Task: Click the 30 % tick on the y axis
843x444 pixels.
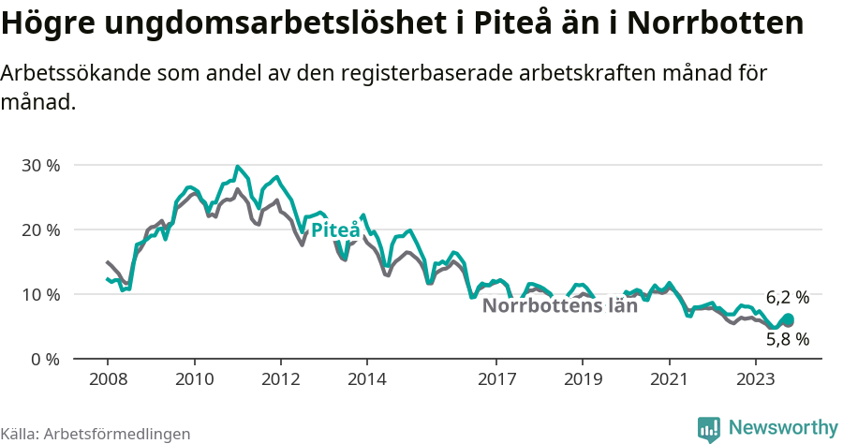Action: [40, 166]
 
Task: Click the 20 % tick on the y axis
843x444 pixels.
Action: [40, 230]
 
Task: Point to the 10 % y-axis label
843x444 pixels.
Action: [40, 295]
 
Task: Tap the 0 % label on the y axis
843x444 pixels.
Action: [45, 360]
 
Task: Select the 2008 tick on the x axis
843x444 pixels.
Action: [108, 379]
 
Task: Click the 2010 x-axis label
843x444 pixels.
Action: [194, 379]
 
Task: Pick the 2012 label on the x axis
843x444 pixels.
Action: [280, 379]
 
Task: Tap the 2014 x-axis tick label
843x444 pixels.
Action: [366, 379]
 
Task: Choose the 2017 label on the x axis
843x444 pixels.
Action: [496, 379]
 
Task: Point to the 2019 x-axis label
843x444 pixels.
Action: [583, 379]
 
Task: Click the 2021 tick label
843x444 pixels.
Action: [669, 379]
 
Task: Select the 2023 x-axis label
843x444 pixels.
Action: [755, 379]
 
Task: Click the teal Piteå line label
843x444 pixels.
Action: [335, 230]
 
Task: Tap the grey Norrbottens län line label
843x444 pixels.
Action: [559, 305]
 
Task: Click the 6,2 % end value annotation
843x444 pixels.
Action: [787, 297]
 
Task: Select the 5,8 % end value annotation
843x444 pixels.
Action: [787, 339]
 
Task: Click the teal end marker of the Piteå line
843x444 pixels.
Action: [788, 319]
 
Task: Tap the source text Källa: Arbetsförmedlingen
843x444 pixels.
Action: [96, 434]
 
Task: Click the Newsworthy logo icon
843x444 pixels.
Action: [709, 429]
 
